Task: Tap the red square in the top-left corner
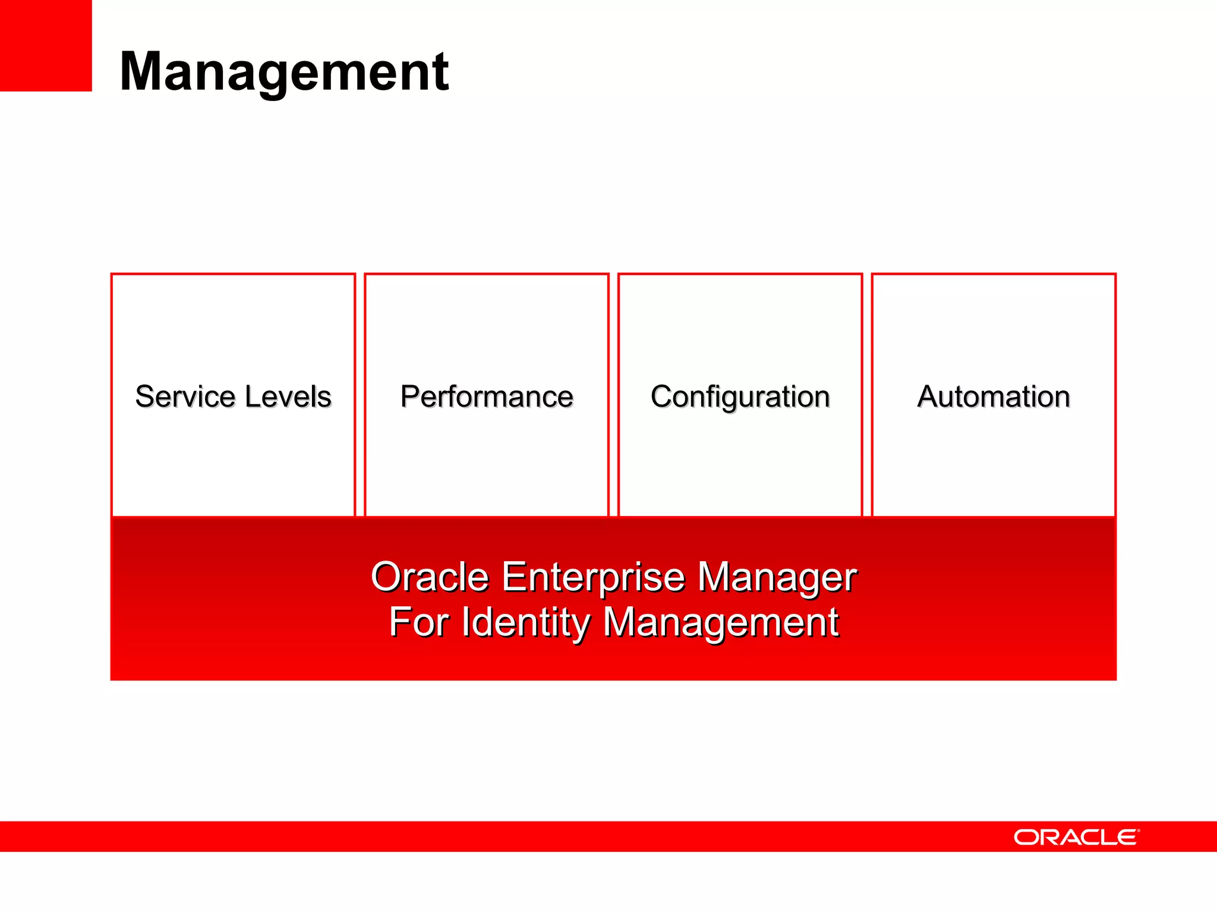[46, 45]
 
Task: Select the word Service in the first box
[185, 396]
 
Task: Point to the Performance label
[487, 396]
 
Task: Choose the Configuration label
[740, 397]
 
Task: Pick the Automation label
[994, 396]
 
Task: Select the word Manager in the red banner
[777, 578]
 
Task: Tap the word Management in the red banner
[721, 624]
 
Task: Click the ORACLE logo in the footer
[1076, 838]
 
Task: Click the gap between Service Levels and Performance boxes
[360, 395]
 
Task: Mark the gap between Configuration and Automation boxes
[867, 395]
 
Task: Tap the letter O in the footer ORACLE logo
[1025, 838]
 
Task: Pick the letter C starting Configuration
[662, 396]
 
